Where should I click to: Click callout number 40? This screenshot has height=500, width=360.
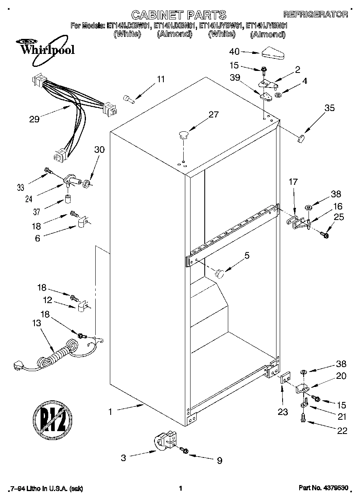tap(234, 51)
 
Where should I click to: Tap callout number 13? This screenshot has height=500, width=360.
tap(37, 323)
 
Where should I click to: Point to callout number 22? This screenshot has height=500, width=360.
tap(342, 431)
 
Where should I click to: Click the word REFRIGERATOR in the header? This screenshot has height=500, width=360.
tap(315, 15)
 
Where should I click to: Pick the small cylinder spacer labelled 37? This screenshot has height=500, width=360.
tap(68, 200)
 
